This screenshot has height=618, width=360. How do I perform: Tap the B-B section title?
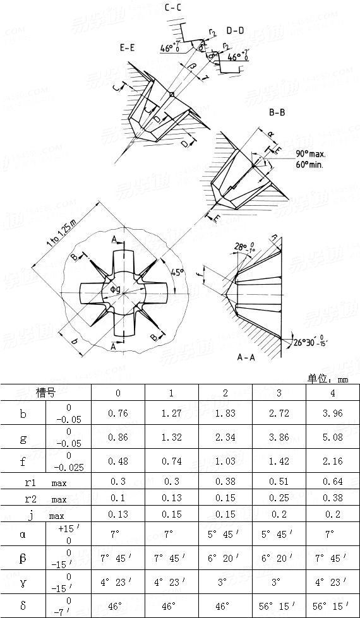point(277,114)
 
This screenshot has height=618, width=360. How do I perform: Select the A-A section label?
point(246,357)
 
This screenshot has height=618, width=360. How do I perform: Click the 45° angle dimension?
point(179,272)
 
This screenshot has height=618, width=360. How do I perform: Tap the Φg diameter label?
point(116,289)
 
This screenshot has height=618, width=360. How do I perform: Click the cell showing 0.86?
point(118,437)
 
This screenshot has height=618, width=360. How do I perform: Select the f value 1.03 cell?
point(225,461)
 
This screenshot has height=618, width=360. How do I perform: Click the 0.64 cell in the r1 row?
point(332,482)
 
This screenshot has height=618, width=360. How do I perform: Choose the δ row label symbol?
point(23,605)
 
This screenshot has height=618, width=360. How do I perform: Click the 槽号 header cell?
point(45,393)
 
